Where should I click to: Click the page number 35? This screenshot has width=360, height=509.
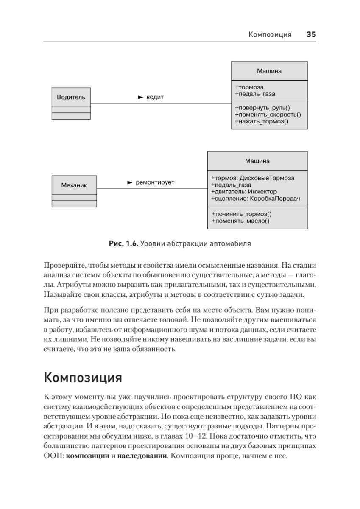[311, 35]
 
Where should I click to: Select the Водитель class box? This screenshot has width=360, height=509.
[71, 97]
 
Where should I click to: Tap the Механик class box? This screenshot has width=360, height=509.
[74, 185]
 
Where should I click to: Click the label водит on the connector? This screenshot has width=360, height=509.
[155, 97]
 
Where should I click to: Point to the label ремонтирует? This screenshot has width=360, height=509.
[155, 182]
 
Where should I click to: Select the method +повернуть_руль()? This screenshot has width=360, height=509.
[265, 108]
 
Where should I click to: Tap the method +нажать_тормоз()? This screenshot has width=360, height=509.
[261, 121]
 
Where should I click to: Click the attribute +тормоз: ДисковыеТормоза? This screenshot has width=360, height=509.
[252, 178]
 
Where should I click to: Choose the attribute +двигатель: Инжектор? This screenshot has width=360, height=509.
[243, 192]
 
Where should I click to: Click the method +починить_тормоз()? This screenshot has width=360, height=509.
[241, 214]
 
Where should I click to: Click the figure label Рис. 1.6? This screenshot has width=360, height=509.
[123, 244]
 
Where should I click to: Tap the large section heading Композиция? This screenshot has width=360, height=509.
[83, 377]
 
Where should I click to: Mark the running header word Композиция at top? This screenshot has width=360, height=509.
[270, 35]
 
